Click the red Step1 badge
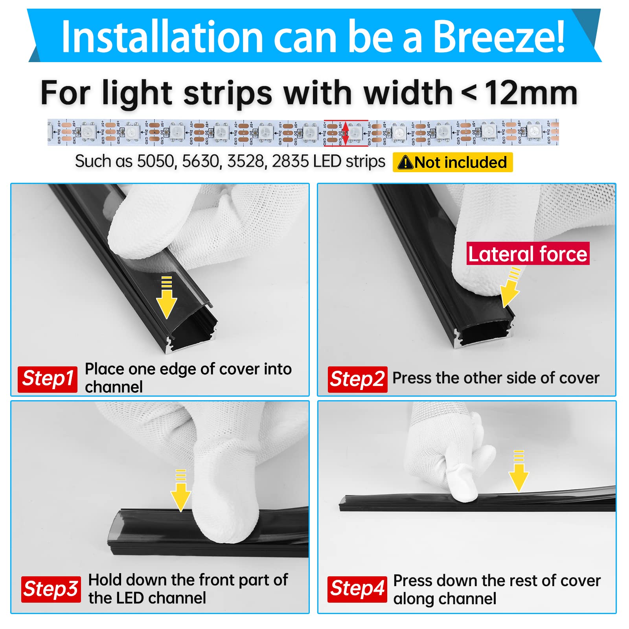(x=48, y=379)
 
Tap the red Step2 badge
(x=357, y=379)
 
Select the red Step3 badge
(x=51, y=589)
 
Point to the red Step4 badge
(x=357, y=589)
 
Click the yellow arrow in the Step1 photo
(x=167, y=299)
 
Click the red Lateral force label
(x=528, y=254)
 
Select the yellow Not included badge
(x=452, y=162)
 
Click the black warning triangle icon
(x=405, y=163)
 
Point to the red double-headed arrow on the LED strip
(x=345, y=133)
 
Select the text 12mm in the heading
(x=531, y=93)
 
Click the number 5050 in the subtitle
(x=155, y=162)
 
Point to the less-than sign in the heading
(x=469, y=94)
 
